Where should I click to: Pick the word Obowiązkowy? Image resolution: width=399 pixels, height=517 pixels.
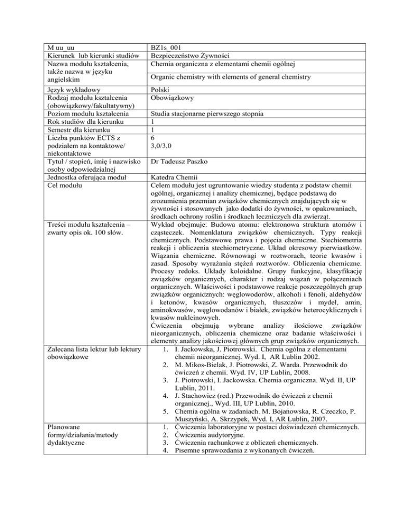(x=171, y=98)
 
